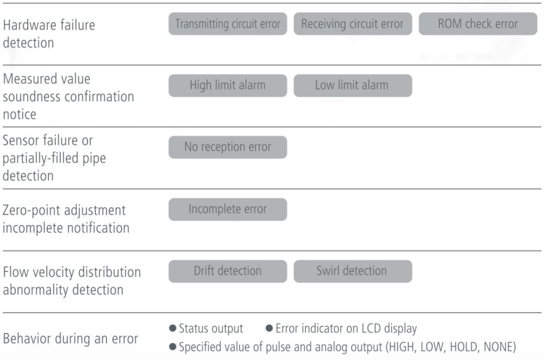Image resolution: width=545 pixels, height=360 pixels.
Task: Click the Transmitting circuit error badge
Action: click(228, 24)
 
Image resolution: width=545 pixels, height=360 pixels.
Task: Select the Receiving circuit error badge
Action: click(353, 24)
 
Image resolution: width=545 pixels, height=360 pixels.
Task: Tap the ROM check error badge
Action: click(478, 24)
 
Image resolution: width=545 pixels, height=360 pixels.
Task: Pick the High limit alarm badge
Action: click(228, 85)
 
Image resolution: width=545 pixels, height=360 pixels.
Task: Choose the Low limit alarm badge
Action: click(353, 85)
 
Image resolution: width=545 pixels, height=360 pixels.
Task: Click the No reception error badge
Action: click(228, 147)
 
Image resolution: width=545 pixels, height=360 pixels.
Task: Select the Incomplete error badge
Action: click(228, 210)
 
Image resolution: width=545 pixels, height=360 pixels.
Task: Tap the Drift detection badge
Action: click(228, 271)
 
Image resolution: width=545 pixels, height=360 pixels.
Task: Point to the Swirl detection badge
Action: click(353, 271)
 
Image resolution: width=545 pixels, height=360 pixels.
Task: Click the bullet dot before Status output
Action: click(172, 328)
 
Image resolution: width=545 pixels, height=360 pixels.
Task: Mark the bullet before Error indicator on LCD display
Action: click(269, 328)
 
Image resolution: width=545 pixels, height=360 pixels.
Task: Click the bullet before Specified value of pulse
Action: click(172, 347)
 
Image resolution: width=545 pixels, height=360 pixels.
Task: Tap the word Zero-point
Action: click(31, 211)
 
